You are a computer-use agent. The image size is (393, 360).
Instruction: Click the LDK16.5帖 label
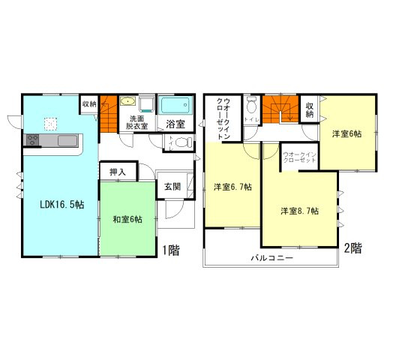pyautogui.click(x=52, y=203)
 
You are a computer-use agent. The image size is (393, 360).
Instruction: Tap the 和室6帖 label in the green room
pyautogui.click(x=128, y=219)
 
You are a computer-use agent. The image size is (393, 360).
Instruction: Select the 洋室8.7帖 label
pyautogui.click(x=300, y=211)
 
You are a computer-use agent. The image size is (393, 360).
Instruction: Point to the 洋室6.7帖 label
pyautogui.click(x=232, y=186)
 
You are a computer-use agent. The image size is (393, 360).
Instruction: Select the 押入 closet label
pyautogui.click(x=118, y=172)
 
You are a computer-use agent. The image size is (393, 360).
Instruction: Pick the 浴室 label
pyautogui.click(x=176, y=124)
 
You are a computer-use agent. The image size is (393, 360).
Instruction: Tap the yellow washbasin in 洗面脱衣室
pyautogui.click(x=128, y=103)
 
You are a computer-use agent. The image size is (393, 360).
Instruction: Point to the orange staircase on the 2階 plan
pyautogui.click(x=283, y=108)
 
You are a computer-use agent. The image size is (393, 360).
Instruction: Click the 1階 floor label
pyautogui.click(x=169, y=250)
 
